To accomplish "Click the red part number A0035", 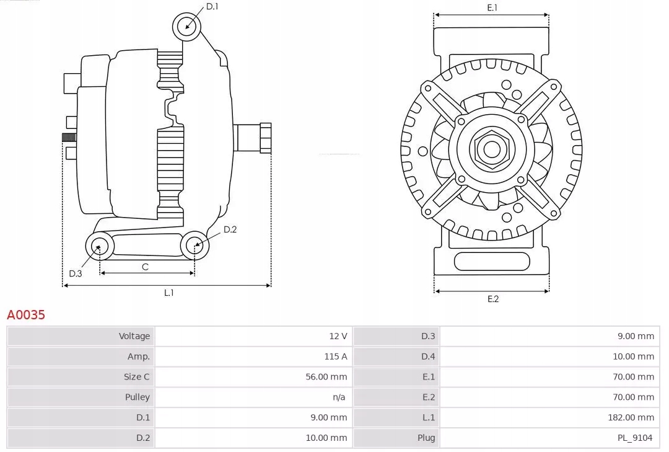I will [26, 315].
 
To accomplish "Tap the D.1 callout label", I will [212, 6].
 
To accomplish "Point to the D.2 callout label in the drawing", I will [230, 229].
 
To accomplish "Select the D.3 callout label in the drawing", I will [76, 273].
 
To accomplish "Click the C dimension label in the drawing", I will [145, 267].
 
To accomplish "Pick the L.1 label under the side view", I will [168, 293].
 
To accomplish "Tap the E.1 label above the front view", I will [492, 7].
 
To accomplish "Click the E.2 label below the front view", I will [492, 299].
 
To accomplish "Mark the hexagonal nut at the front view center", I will [491, 149].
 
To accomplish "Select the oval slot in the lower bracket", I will [492, 261].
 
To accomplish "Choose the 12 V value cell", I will [338, 336].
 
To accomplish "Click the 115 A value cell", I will [335, 357].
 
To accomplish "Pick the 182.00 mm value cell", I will [631, 417].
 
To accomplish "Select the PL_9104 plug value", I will [634, 438].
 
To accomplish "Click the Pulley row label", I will [137, 397].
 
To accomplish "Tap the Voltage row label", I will [134, 336].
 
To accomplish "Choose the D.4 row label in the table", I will [428, 357].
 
